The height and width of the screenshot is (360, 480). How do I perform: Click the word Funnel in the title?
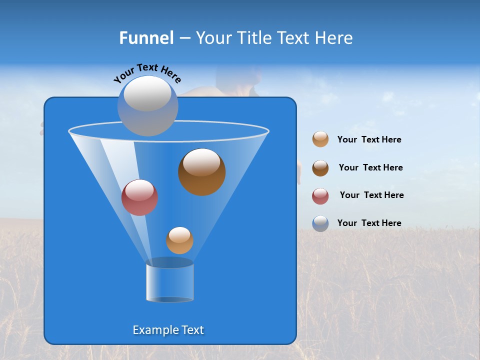click(x=146, y=38)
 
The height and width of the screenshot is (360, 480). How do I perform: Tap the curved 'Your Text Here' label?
click(x=147, y=72)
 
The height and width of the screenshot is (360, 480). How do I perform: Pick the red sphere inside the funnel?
click(x=139, y=197)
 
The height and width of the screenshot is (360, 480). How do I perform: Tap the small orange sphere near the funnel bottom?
click(x=179, y=240)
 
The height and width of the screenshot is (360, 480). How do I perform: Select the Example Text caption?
click(x=168, y=330)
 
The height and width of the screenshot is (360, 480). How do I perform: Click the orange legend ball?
click(x=320, y=139)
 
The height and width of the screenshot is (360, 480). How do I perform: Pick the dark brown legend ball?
click(x=320, y=168)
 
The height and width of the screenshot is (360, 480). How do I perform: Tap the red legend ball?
click(x=320, y=196)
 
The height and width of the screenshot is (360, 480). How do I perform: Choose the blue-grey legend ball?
click(x=320, y=223)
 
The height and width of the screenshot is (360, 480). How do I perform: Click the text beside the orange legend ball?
click(x=369, y=140)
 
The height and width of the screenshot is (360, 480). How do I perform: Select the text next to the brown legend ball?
click(x=370, y=168)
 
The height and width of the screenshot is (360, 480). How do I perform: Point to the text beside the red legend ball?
click(x=371, y=195)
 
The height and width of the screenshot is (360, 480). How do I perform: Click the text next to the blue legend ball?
click(x=369, y=223)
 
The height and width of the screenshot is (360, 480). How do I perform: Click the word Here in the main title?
click(x=334, y=38)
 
